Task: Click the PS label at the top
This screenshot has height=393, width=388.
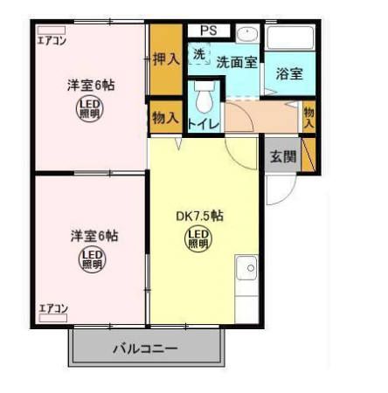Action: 207,31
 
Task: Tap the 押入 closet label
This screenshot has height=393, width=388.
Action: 166,59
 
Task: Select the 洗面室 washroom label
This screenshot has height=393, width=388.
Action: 236,62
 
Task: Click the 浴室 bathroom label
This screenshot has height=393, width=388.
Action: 289,73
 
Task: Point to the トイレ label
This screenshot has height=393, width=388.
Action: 204,123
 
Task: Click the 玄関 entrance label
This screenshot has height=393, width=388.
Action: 282,157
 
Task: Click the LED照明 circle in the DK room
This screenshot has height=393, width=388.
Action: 198,238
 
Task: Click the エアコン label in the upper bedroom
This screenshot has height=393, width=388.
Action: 52,39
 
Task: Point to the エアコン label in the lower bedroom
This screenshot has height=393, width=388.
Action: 53,308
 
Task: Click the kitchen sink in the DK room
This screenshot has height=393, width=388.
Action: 246,266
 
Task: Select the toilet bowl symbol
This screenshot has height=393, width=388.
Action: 204,100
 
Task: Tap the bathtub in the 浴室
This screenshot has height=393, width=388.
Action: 289,40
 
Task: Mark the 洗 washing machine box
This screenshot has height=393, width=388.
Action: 198,53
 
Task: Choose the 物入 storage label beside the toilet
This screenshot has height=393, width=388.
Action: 165,116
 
